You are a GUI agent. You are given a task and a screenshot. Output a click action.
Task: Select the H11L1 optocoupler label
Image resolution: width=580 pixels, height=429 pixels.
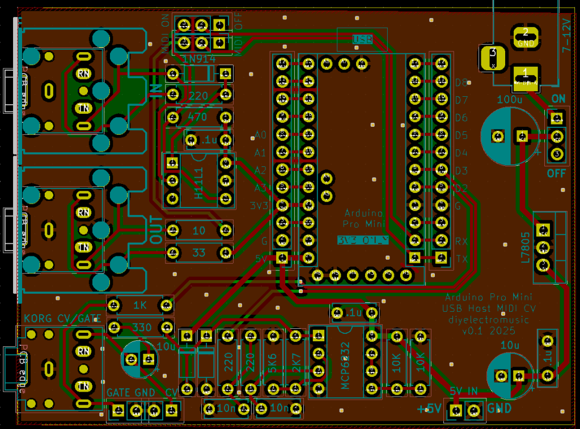[x=199, y=182]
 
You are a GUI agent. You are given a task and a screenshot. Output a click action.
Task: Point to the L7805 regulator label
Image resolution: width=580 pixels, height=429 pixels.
[x=525, y=247]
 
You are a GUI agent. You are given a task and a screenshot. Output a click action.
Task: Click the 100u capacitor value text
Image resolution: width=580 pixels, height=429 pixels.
[x=509, y=100]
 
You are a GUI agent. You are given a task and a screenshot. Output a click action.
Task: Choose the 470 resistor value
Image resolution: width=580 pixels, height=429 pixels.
[x=198, y=118]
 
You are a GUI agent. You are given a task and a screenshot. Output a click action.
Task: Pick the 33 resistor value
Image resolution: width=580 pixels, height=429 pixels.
[x=198, y=252]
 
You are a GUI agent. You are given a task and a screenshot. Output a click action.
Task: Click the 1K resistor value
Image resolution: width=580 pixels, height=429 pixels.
[x=139, y=306]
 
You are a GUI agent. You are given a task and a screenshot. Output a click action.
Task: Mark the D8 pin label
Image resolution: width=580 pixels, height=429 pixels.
[x=461, y=83]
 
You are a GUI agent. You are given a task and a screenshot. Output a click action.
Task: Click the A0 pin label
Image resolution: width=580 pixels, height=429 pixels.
[x=260, y=135]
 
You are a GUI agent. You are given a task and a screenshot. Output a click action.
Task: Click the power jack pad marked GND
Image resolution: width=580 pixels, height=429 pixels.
[x=526, y=37]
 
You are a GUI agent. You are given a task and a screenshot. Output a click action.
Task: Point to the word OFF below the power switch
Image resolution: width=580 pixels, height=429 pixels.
[x=556, y=173]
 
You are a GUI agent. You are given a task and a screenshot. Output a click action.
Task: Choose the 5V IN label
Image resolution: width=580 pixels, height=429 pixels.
[x=464, y=391]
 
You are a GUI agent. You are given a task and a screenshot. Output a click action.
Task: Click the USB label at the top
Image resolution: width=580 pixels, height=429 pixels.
[x=362, y=39]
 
